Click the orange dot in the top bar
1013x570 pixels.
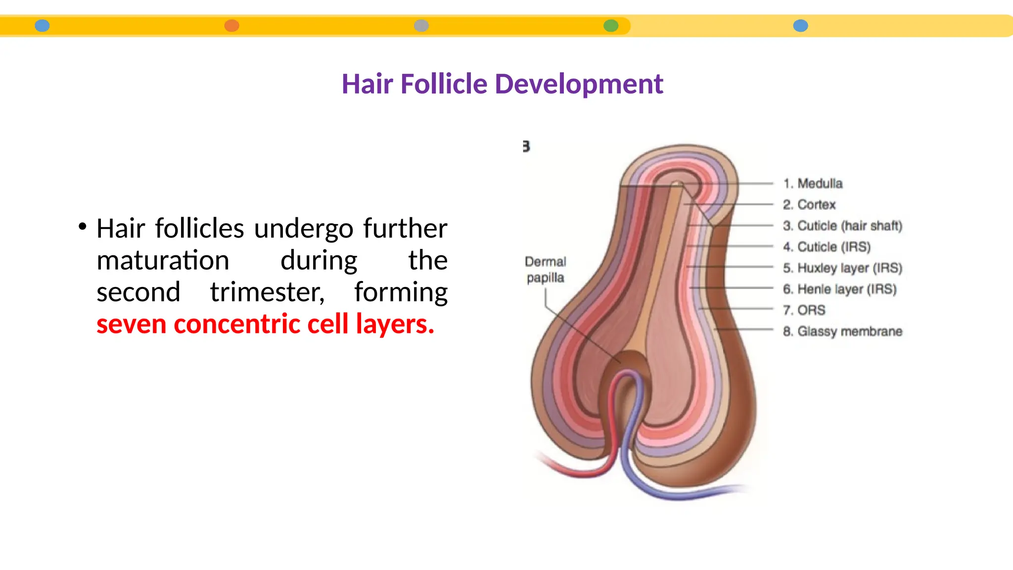pyautogui.click(x=231, y=26)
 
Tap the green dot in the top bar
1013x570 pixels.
pyautogui.click(x=611, y=26)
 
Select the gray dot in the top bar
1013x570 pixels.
pyautogui.click(x=421, y=26)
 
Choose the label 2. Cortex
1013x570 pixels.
pyautogui.click(x=809, y=204)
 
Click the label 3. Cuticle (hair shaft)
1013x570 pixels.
pyautogui.click(x=842, y=226)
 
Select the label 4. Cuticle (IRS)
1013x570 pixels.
pyautogui.click(x=826, y=246)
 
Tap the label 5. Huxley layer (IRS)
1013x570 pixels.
pyautogui.click(x=842, y=268)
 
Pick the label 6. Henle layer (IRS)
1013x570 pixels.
pyautogui.click(x=839, y=289)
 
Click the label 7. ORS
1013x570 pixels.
pyautogui.click(x=804, y=310)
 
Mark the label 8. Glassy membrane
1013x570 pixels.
pyautogui.click(x=842, y=331)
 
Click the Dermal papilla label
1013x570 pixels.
pyautogui.click(x=545, y=270)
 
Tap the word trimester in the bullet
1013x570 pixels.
pyautogui.click(x=267, y=292)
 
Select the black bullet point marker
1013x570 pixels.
pyautogui.click(x=83, y=227)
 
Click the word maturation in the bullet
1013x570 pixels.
pyautogui.click(x=163, y=260)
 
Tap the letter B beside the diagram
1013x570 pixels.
pyautogui.click(x=526, y=146)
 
